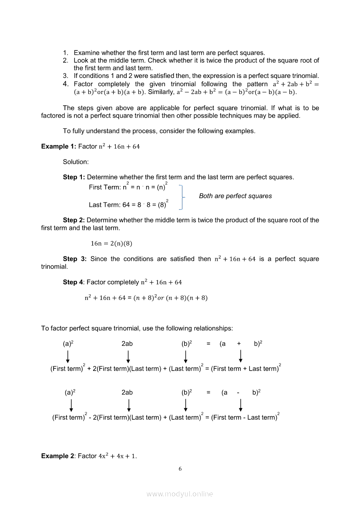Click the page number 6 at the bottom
pyautogui.click(x=180, y=469)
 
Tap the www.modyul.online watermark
pyautogui.click(x=180, y=494)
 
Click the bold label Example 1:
pyautogui.click(x=59, y=146)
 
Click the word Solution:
pyautogui.click(x=76, y=162)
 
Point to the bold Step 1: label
pyautogui.click(x=74, y=177)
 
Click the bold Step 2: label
pyautogui.click(x=74, y=220)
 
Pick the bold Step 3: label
pyautogui.click(x=74, y=259)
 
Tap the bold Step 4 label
pyautogui.click(x=73, y=282)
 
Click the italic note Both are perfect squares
pyautogui.click(x=235, y=196)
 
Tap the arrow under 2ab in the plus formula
pyautogui.click(x=128, y=356)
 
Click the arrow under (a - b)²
pyautogui.click(x=241, y=405)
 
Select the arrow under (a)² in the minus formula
pyautogui.click(x=71, y=405)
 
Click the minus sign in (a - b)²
pyautogui.click(x=239, y=393)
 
